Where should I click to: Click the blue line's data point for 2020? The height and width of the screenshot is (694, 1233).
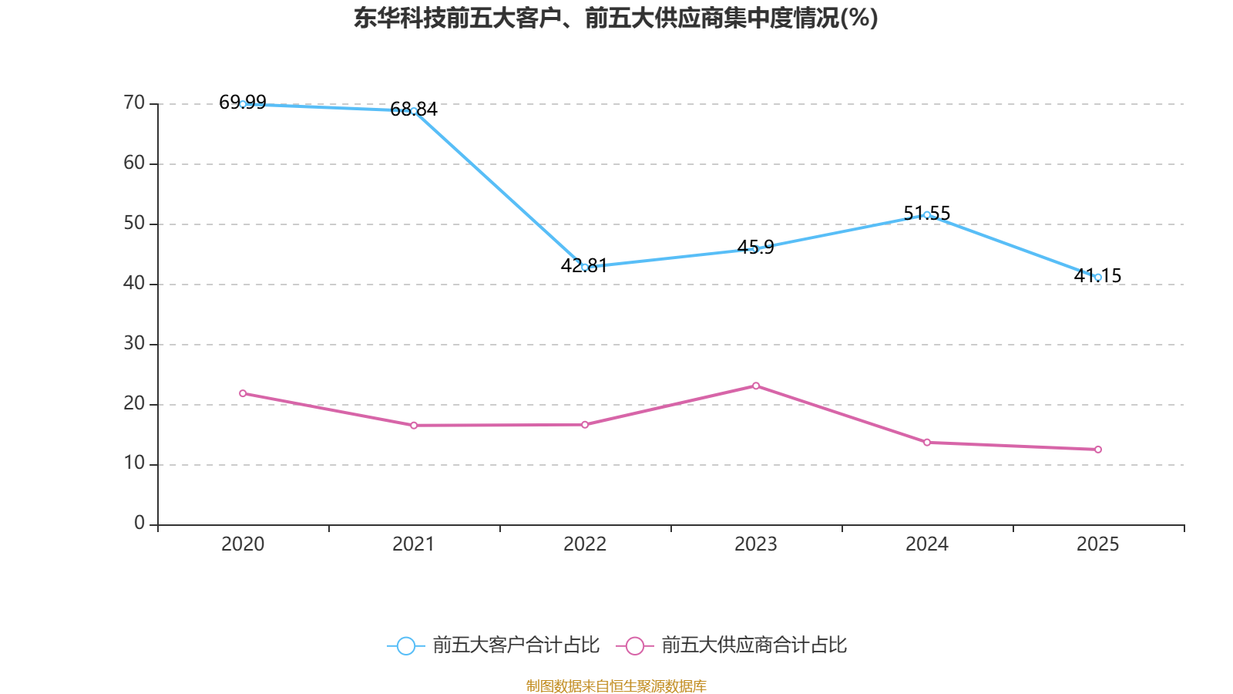coord(243,104)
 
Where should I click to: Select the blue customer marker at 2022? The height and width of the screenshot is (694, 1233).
coord(585,267)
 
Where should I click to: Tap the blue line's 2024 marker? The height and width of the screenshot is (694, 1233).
coord(927,215)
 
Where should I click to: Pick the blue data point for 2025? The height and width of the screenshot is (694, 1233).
coord(1098,277)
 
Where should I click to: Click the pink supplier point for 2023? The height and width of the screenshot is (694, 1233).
coord(756,386)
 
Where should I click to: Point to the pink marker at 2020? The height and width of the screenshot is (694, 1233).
coord(243,393)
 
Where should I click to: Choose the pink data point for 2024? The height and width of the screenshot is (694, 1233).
coord(927,443)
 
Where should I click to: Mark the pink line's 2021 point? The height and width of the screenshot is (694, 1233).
coord(414,426)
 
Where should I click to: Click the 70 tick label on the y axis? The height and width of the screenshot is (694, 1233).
coord(134,103)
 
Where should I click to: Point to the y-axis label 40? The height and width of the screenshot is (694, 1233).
coord(134,284)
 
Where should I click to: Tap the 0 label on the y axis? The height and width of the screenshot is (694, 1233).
coord(139,524)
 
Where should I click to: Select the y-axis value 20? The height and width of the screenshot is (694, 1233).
coord(134,404)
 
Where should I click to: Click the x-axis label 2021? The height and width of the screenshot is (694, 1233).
coord(414,544)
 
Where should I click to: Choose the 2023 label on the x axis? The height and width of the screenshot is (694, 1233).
coord(756,544)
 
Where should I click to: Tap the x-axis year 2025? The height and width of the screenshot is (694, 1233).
coord(1098,544)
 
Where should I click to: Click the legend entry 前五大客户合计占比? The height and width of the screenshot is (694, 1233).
coord(516,645)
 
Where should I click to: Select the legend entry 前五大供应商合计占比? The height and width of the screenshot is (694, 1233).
coord(754,645)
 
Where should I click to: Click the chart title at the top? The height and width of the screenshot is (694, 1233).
coord(616,19)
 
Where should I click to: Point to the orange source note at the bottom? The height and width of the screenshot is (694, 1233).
coord(616,686)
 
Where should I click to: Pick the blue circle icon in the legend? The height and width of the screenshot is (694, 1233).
coord(405,646)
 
